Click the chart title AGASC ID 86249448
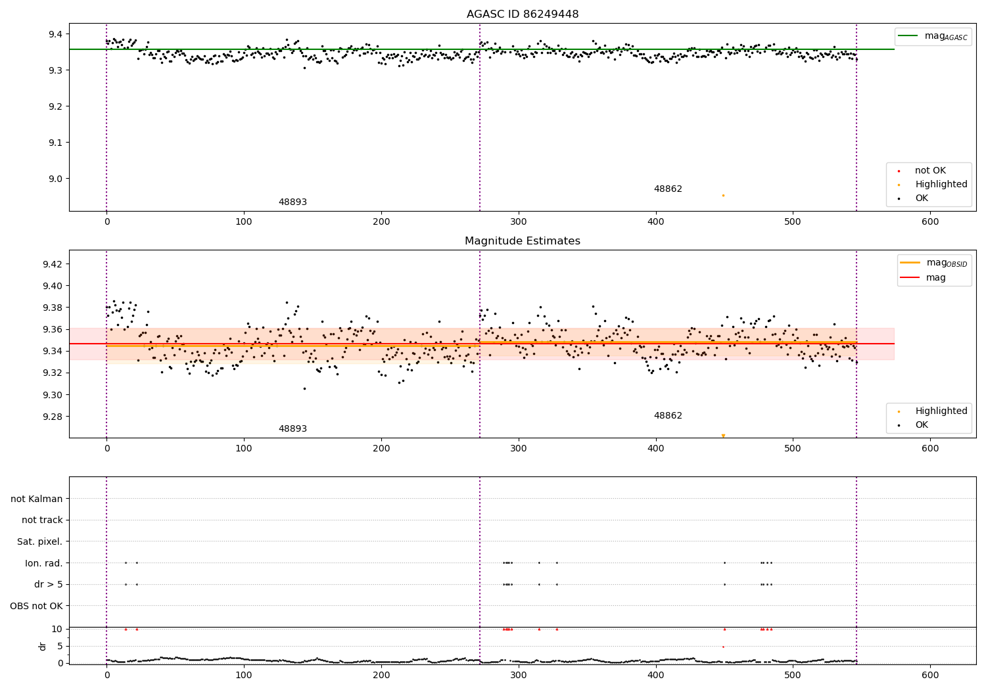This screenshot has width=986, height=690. [523, 14]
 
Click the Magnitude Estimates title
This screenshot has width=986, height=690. [523, 241]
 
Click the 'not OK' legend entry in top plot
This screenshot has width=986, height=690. [929, 171]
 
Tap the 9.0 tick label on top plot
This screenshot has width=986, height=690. [53, 179]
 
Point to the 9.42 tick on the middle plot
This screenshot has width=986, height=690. [51, 264]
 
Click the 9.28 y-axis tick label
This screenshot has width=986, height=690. [51, 417]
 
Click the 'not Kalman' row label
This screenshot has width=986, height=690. [37, 499]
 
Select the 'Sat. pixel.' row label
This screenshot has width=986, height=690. [40, 541]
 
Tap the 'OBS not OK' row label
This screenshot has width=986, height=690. [37, 606]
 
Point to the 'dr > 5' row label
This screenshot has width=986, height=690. [49, 584]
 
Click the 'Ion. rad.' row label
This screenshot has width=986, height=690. [44, 563]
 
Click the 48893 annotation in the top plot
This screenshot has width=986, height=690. [293, 202]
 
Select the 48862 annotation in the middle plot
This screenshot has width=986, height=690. [668, 416]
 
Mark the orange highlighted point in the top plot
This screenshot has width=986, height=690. [723, 195]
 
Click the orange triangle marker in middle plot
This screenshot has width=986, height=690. [723, 436]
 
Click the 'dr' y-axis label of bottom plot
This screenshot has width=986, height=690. [43, 646]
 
